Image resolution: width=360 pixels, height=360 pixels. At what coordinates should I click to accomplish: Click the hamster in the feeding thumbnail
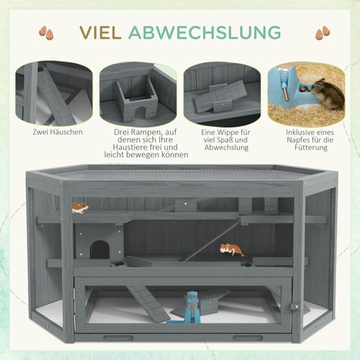click(327, 94)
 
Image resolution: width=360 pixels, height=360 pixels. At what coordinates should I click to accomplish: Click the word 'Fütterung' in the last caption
click(311, 148)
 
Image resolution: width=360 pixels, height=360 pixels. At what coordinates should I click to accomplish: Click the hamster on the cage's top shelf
click(81, 207)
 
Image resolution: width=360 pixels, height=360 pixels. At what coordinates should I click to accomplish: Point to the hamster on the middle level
click(230, 250)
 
